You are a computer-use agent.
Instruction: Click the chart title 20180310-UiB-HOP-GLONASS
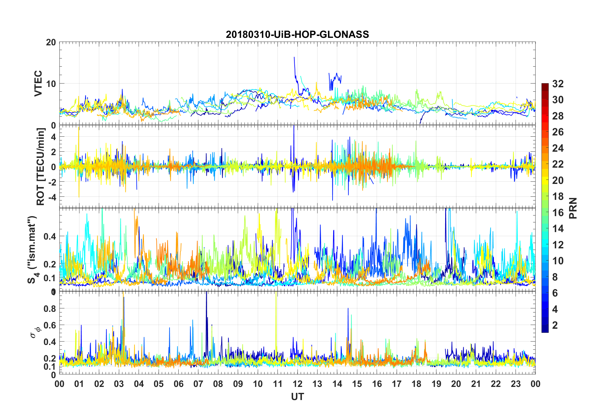[x=297, y=34]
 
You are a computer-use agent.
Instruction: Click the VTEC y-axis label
[x=38, y=84]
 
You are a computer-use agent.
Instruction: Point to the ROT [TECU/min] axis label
[x=41, y=166]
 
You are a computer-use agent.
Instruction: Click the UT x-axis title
[x=297, y=397]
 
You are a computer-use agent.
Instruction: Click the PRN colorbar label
[x=573, y=208]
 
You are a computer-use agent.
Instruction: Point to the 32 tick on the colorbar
[x=558, y=84]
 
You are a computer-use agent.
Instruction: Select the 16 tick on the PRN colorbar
[x=558, y=213]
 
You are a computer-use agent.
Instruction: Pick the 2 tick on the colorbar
[x=555, y=325]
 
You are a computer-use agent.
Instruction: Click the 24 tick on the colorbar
[x=558, y=148]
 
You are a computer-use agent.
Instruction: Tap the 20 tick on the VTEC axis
[x=51, y=42]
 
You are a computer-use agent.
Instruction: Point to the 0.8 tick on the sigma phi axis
[x=50, y=308]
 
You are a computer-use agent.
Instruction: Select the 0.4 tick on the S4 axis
[x=50, y=236]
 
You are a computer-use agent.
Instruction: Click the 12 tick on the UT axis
[x=297, y=384]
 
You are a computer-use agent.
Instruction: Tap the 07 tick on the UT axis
[x=198, y=384]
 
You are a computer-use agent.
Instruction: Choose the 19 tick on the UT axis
[x=436, y=384]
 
